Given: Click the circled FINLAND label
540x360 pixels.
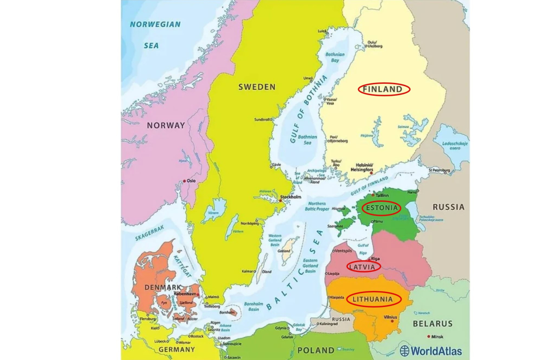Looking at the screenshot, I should [384, 89].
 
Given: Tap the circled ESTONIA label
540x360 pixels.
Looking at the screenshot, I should [381, 208].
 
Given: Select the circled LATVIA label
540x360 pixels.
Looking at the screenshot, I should [363, 267].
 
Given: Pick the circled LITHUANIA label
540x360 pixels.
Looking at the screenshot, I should [373, 299].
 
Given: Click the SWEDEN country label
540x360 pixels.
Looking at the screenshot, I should [256, 87].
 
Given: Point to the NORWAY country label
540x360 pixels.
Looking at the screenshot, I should [166, 126].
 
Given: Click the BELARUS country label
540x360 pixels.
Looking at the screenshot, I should [432, 324].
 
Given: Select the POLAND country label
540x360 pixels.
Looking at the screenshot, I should [315, 351].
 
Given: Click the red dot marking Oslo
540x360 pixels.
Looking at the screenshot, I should [184, 181].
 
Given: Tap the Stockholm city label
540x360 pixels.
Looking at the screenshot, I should [291, 197].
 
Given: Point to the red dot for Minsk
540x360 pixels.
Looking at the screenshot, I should [429, 337].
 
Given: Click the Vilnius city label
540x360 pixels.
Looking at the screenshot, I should [391, 317].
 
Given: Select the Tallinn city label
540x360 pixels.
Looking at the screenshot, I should [382, 195].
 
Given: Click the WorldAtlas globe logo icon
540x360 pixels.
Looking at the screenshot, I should [405, 351].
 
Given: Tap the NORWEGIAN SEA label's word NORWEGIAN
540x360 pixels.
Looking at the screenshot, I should [155, 25].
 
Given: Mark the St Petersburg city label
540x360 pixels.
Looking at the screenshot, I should [439, 170].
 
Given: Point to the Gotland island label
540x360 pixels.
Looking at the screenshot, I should [284, 251].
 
